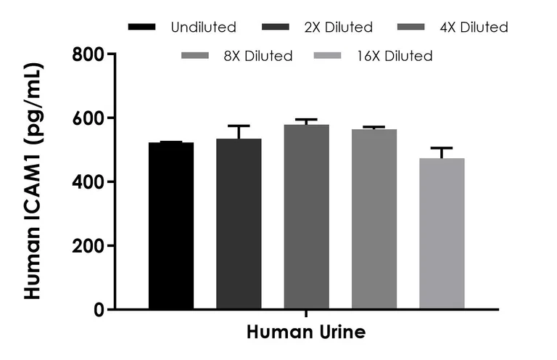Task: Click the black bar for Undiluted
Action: [171, 226]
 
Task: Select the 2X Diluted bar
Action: [239, 224]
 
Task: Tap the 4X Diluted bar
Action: [306, 217]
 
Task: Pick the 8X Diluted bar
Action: [374, 219]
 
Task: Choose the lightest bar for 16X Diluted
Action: [442, 234]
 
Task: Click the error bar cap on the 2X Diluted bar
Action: [239, 126]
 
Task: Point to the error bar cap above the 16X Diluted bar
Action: [442, 147]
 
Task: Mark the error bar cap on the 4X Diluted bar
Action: [306, 120]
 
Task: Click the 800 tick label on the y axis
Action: [88, 54]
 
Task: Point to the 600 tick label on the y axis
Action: [88, 118]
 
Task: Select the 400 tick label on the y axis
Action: [88, 182]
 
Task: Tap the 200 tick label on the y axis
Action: [88, 246]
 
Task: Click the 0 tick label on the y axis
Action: [99, 309]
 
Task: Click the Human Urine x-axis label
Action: [306, 332]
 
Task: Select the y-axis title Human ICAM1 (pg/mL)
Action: [34, 181]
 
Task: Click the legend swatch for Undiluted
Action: [141, 27]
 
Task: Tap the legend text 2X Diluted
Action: [339, 27]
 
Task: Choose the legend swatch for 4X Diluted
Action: [411, 27]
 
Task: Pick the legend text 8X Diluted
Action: [258, 56]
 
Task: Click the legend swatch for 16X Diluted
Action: [328, 56]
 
